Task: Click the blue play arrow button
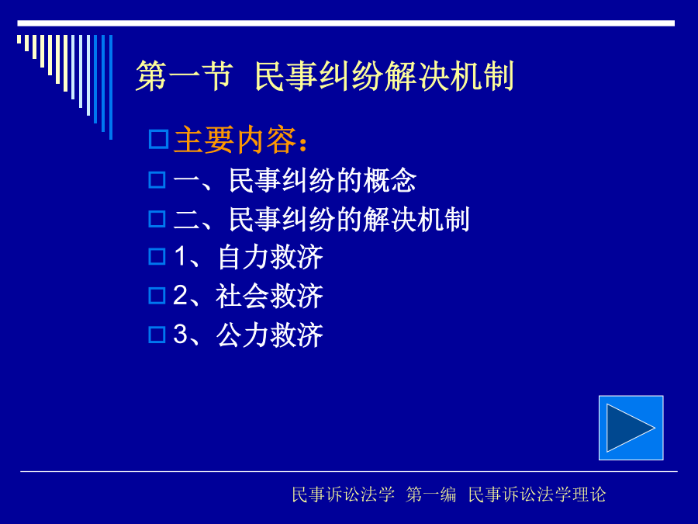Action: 631,428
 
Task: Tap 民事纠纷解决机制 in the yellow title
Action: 385,76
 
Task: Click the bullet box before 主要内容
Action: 158,139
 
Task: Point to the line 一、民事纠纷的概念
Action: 295,180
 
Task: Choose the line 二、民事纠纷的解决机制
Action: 321,219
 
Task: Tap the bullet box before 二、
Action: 157,219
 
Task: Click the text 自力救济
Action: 270,257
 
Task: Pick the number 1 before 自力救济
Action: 180,256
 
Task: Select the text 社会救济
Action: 270,296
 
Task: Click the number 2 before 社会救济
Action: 180,295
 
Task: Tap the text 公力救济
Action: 270,335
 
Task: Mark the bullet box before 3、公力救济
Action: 157,335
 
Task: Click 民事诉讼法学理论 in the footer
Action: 537,495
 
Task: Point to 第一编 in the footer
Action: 431,495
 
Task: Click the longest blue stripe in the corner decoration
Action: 111,87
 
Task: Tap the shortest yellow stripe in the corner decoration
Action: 19,40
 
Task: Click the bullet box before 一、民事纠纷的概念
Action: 157,180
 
